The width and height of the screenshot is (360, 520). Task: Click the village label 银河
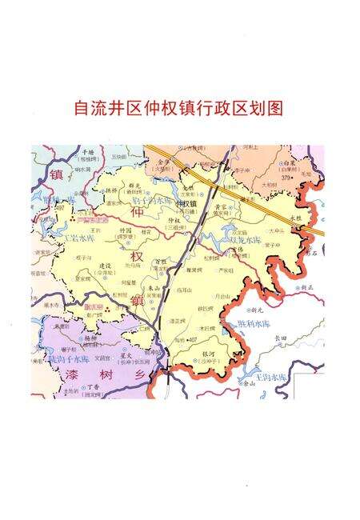(210, 353)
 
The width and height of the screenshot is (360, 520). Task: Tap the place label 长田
(280, 338)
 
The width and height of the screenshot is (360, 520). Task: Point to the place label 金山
(250, 383)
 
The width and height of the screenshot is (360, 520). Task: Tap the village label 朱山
(154, 288)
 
